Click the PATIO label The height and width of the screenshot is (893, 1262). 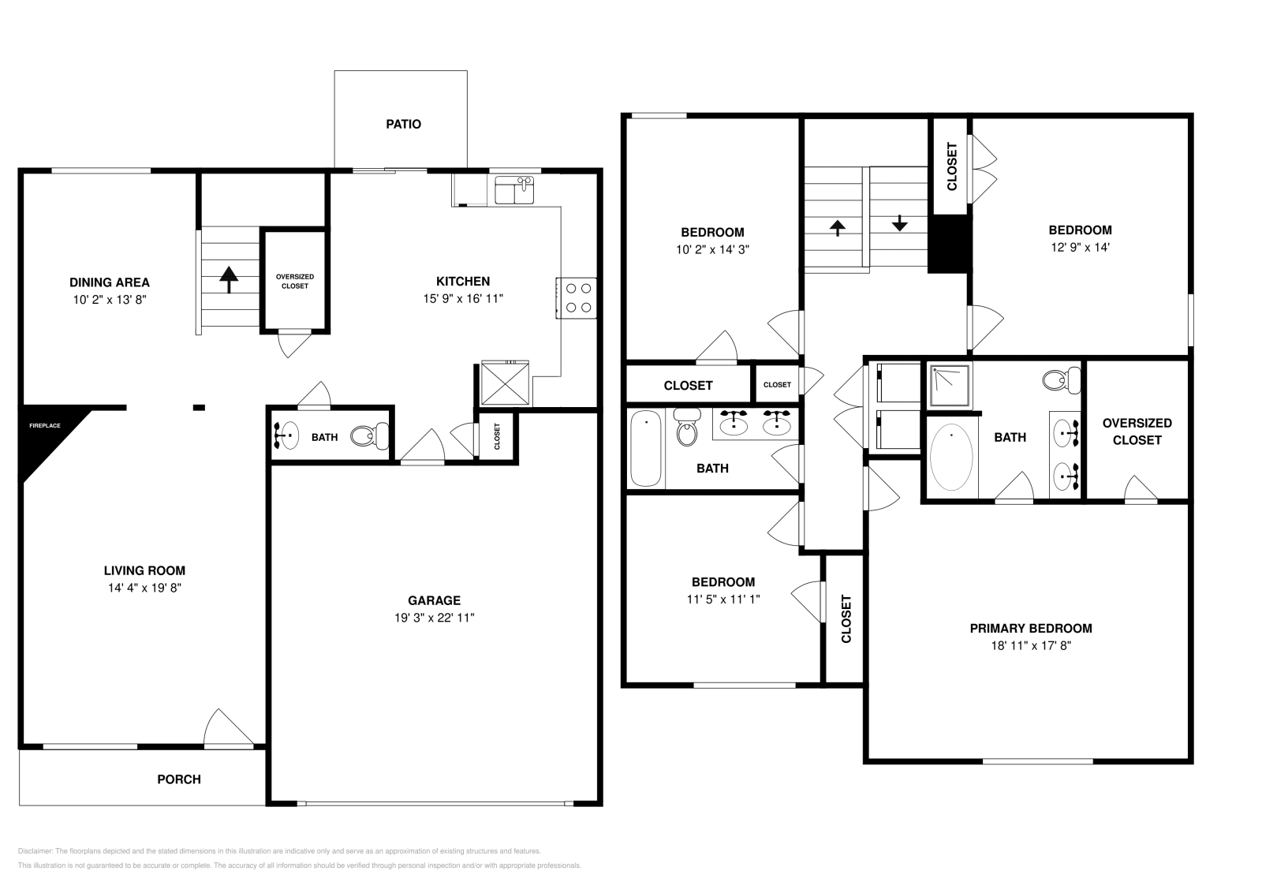click(x=403, y=124)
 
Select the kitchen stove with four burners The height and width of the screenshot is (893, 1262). click(x=577, y=298)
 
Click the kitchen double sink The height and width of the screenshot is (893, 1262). click(x=514, y=190)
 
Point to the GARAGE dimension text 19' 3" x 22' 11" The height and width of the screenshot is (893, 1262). click(x=435, y=618)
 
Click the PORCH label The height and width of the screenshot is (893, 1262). click(x=179, y=779)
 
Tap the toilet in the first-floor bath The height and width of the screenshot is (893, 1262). click(x=370, y=435)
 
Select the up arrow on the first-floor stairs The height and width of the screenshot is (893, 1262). click(x=229, y=279)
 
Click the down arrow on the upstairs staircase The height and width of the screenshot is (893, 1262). click(x=900, y=222)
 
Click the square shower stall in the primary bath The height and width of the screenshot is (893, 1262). click(x=950, y=386)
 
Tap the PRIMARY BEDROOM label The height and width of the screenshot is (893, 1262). click(x=1031, y=628)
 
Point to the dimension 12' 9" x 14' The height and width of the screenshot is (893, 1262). click(x=1080, y=248)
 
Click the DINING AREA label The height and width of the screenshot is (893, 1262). click(x=110, y=282)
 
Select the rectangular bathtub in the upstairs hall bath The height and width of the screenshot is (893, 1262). click(x=646, y=448)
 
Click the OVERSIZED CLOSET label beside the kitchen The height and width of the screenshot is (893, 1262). click(x=295, y=281)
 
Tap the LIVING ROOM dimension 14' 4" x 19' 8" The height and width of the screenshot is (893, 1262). click(x=145, y=588)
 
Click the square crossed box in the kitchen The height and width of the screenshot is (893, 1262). click(x=505, y=383)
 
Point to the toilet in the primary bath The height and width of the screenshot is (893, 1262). click(x=1062, y=379)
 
